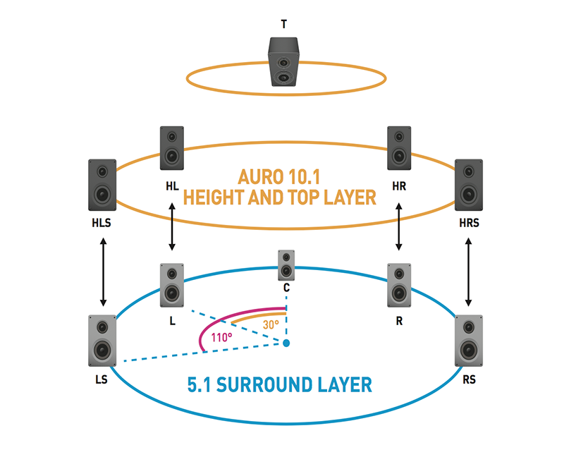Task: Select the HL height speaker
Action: click(172, 148)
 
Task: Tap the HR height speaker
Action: click(399, 148)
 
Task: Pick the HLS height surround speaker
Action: click(102, 185)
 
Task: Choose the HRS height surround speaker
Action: click(469, 185)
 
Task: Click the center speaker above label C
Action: click(286, 265)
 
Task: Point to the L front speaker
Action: click(172, 285)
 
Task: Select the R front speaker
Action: click(399, 285)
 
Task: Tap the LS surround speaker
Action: click(102, 341)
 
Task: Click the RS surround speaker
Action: click(469, 341)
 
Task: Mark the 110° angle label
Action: click(221, 337)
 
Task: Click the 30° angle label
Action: click(271, 325)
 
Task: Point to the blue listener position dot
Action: click(286, 343)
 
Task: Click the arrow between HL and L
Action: click(172, 226)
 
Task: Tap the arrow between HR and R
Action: click(399, 226)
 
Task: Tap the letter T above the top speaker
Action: click(283, 24)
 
